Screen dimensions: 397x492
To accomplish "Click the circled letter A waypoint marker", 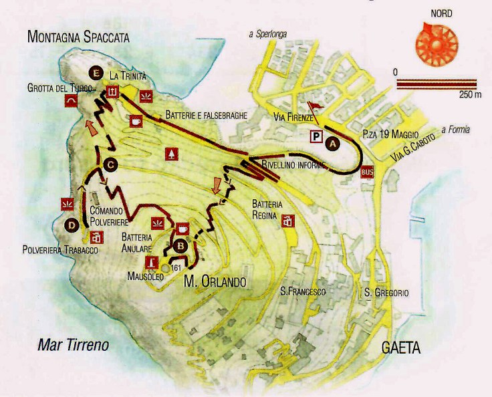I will pyautogui.click(x=332, y=142).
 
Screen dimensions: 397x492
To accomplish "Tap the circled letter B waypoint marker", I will pyautogui.click(x=178, y=245).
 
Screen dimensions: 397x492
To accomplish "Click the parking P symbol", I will pyautogui.click(x=316, y=136).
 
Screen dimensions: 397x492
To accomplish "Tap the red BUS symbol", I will pyautogui.click(x=366, y=172).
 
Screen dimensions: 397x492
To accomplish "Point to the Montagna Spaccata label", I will pyautogui.click(x=78, y=37).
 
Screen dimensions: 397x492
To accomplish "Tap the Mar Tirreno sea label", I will pyautogui.click(x=73, y=346).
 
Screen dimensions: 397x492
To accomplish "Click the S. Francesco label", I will pyautogui.click(x=303, y=292).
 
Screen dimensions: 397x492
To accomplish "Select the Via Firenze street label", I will pyautogui.click(x=293, y=118).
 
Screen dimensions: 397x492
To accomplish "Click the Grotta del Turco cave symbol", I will pyautogui.click(x=70, y=100).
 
